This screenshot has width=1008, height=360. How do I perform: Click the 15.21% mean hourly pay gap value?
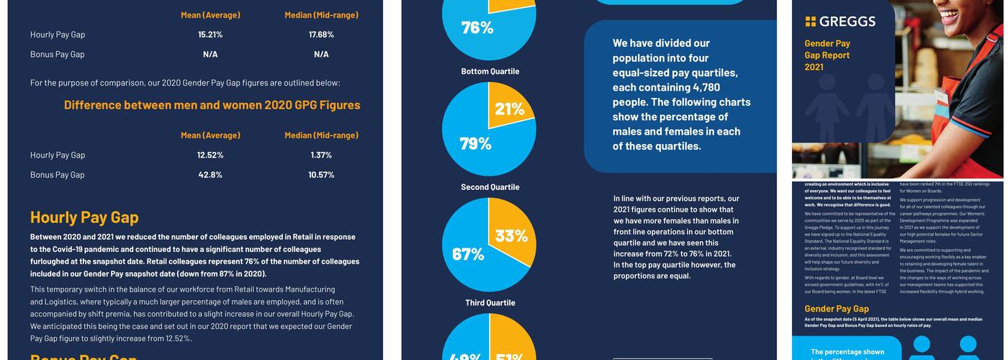(x=210, y=35)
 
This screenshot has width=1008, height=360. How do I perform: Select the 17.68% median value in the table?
(x=321, y=35)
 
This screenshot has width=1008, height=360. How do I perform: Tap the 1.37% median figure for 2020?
(x=321, y=155)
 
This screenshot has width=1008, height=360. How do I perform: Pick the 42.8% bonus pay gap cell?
(x=210, y=175)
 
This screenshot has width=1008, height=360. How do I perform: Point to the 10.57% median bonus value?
(x=321, y=175)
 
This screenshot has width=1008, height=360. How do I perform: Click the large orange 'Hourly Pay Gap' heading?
(x=84, y=217)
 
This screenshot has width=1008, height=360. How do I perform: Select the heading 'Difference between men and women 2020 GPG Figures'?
(x=212, y=105)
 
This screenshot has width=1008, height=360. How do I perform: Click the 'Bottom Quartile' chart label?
(x=490, y=71)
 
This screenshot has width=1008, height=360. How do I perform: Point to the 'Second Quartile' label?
(x=490, y=187)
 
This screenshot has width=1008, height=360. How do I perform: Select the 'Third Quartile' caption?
(x=490, y=303)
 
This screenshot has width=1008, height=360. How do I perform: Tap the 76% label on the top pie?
(x=477, y=27)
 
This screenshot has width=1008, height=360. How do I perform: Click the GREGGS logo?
(x=840, y=22)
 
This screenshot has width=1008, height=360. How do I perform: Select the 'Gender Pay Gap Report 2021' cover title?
(x=827, y=55)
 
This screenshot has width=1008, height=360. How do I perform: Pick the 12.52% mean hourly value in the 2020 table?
(x=210, y=155)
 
